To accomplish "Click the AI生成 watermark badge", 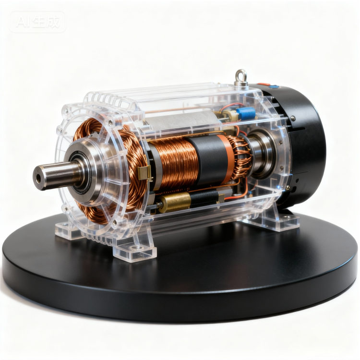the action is (37, 22).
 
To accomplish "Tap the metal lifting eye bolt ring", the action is (241, 73).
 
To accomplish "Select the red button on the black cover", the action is (264, 84).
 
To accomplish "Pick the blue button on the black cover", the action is (274, 87).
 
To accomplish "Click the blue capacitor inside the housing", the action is (246, 113).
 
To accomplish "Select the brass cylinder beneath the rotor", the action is (175, 202).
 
